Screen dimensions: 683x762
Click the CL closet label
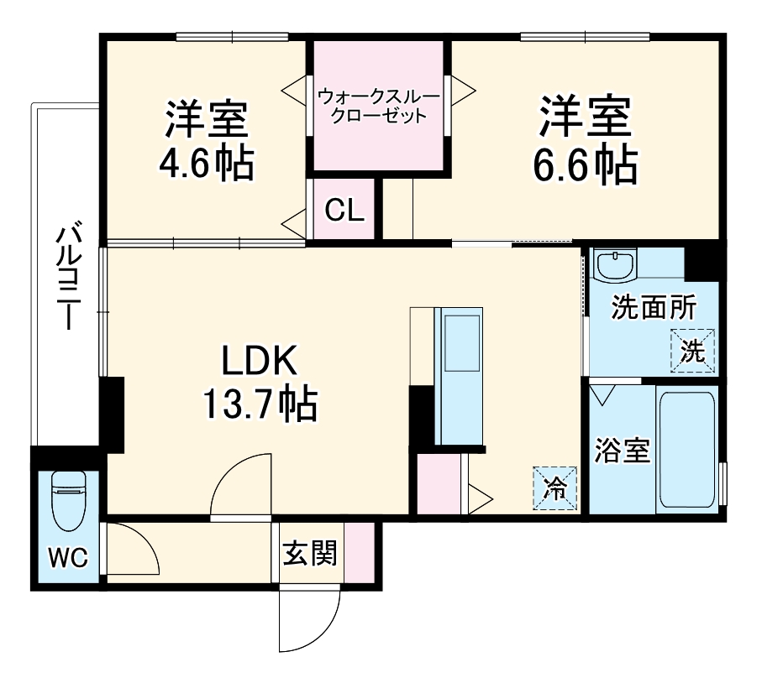344,211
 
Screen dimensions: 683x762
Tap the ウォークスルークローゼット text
378,107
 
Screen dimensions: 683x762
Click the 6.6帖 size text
585,165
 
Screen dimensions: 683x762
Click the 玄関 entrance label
309,553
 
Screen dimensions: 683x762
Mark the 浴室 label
623,451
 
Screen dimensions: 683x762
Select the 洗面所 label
653,309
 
